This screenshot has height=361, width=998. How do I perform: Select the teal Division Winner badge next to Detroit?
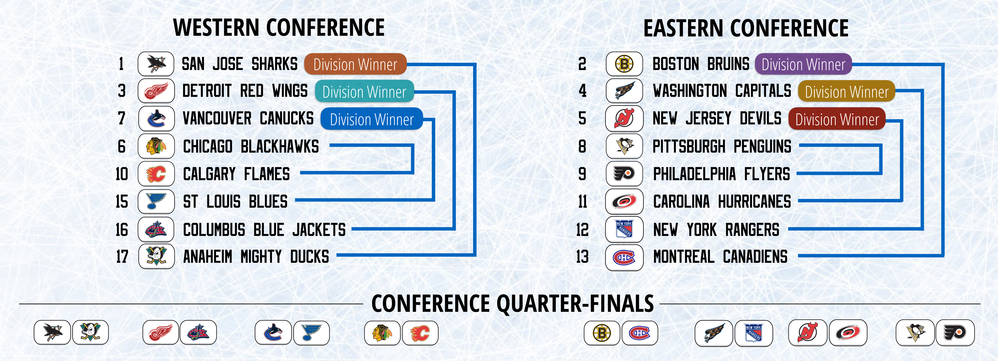pyautogui.click(x=364, y=91)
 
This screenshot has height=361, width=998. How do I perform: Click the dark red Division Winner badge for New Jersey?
pyautogui.click(x=837, y=119)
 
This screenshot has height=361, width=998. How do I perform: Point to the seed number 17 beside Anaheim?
pyautogui.click(x=122, y=256)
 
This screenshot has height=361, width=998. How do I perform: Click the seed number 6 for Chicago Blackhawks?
pyautogui.click(x=122, y=146)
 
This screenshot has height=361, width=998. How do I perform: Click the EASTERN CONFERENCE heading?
pyautogui.click(x=746, y=28)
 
